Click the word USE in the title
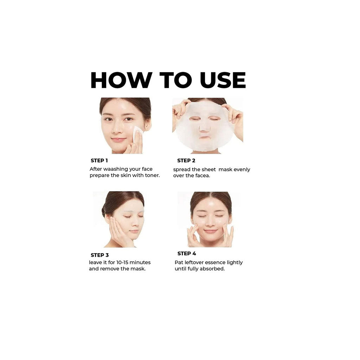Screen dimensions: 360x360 [223, 80]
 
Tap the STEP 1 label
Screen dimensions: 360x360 [99, 160]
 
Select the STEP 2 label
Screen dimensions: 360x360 [186, 160]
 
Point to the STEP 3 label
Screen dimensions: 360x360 [99, 255]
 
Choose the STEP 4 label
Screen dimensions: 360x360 [187, 253]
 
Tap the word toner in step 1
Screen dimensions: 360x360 [152, 175]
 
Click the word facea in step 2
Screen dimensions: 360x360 [202, 176]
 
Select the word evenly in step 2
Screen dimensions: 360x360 [242, 170]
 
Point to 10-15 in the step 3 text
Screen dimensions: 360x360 [122, 262]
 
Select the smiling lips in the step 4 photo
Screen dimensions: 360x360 [211, 231]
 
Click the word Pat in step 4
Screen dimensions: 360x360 [179, 262]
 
